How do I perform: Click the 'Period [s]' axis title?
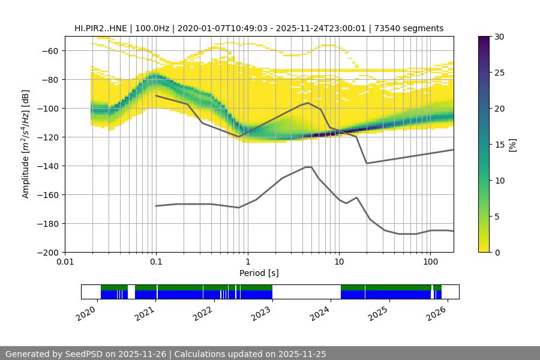259,273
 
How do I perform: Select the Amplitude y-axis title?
25,144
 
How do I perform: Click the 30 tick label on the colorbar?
499,37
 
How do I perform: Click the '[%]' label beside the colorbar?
512,144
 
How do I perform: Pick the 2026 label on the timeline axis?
436,312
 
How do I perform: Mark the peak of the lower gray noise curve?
308,167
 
